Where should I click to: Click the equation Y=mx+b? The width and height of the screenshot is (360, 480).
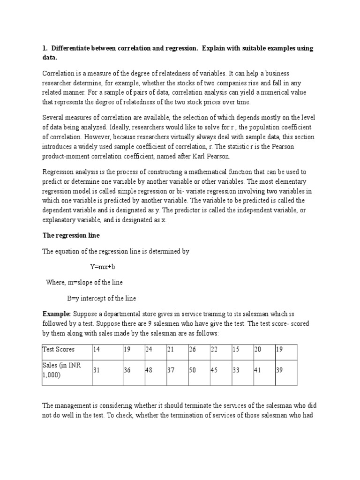click(x=102, y=266)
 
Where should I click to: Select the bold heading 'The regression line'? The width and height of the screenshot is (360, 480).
click(x=71, y=236)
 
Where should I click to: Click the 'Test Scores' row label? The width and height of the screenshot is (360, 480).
click(x=59, y=349)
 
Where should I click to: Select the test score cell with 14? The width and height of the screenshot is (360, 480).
click(x=97, y=349)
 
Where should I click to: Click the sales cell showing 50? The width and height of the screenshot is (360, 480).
click(x=193, y=370)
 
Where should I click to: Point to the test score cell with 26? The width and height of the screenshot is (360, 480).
click(x=193, y=349)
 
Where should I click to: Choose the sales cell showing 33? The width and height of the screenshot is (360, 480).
click(x=236, y=370)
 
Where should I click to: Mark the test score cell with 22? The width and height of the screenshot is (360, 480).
click(x=215, y=349)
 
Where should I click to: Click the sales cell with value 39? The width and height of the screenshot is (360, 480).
click(x=280, y=370)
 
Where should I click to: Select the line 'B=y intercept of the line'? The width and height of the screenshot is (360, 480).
click(x=102, y=298)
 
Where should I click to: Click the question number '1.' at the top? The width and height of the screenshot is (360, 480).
click(x=45, y=48)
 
